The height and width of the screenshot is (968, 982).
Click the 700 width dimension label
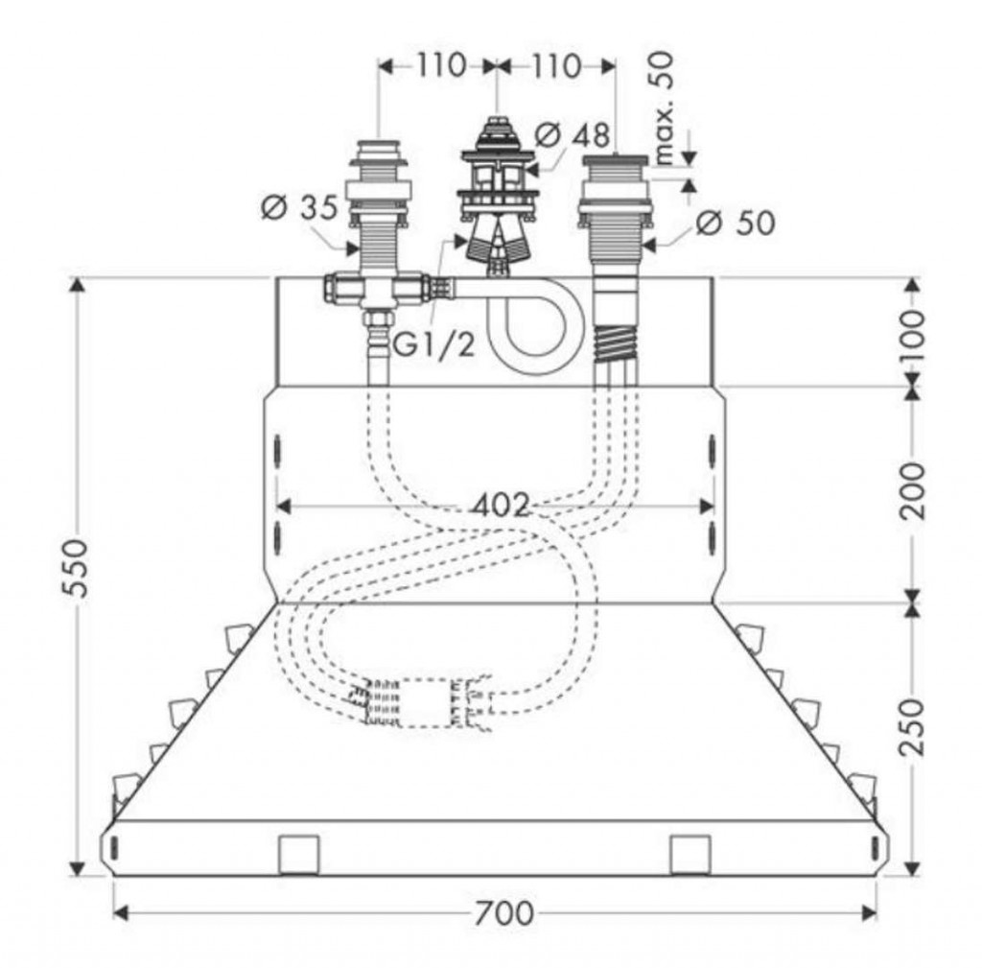click(x=503, y=913)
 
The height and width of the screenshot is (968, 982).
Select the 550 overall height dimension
click(x=76, y=568)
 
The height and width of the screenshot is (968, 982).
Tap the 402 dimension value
click(x=501, y=505)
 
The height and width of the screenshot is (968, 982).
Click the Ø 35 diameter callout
click(x=299, y=207)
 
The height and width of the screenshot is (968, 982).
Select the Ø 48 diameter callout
click(x=573, y=134)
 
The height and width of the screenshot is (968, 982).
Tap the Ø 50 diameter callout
click(x=736, y=223)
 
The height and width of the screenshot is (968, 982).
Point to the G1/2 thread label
click(x=434, y=344)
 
